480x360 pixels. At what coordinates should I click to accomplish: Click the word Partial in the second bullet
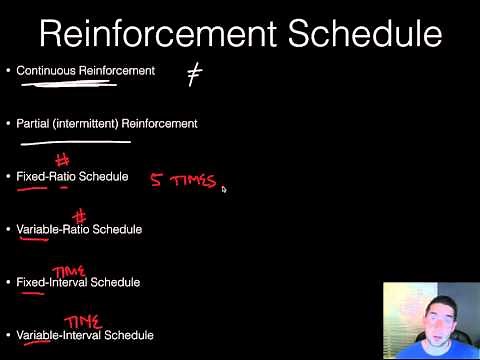pyautogui.click(x=33, y=124)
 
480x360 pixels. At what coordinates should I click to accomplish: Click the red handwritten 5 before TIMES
pyautogui.click(x=157, y=181)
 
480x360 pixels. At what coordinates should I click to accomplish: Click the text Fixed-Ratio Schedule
pyautogui.click(x=72, y=177)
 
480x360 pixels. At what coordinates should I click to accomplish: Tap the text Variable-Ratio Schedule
pyautogui.click(x=79, y=230)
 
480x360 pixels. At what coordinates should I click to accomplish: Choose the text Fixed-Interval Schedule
pyautogui.click(x=78, y=283)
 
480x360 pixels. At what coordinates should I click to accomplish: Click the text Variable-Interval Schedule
pyautogui.click(x=85, y=335)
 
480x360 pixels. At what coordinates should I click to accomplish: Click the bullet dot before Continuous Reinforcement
pyautogui.click(x=8, y=71)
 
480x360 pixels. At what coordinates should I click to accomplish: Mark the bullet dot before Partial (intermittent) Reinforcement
pyautogui.click(x=8, y=124)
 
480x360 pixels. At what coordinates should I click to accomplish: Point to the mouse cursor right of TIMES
pyautogui.click(x=224, y=187)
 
